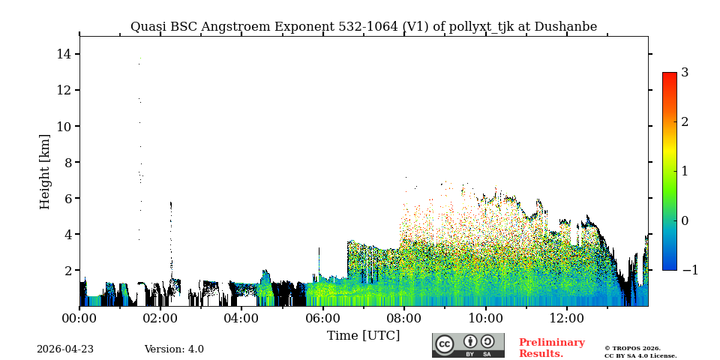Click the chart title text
coord(364,27)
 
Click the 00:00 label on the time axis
coord(79,318)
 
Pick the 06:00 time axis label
coord(322,318)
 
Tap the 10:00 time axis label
coord(485,318)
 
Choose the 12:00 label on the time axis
coord(566,318)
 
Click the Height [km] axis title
coord(45,171)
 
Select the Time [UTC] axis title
coord(364,335)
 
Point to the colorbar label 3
coord(685,73)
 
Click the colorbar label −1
coord(689,270)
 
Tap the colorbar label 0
coord(685,220)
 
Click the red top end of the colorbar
coord(669,76)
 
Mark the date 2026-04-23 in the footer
coord(65,349)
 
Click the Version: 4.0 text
coord(174,349)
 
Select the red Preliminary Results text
coord(551,348)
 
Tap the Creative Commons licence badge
coord(468,345)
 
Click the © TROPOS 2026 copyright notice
coord(632,348)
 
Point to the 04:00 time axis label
coord(241,318)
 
